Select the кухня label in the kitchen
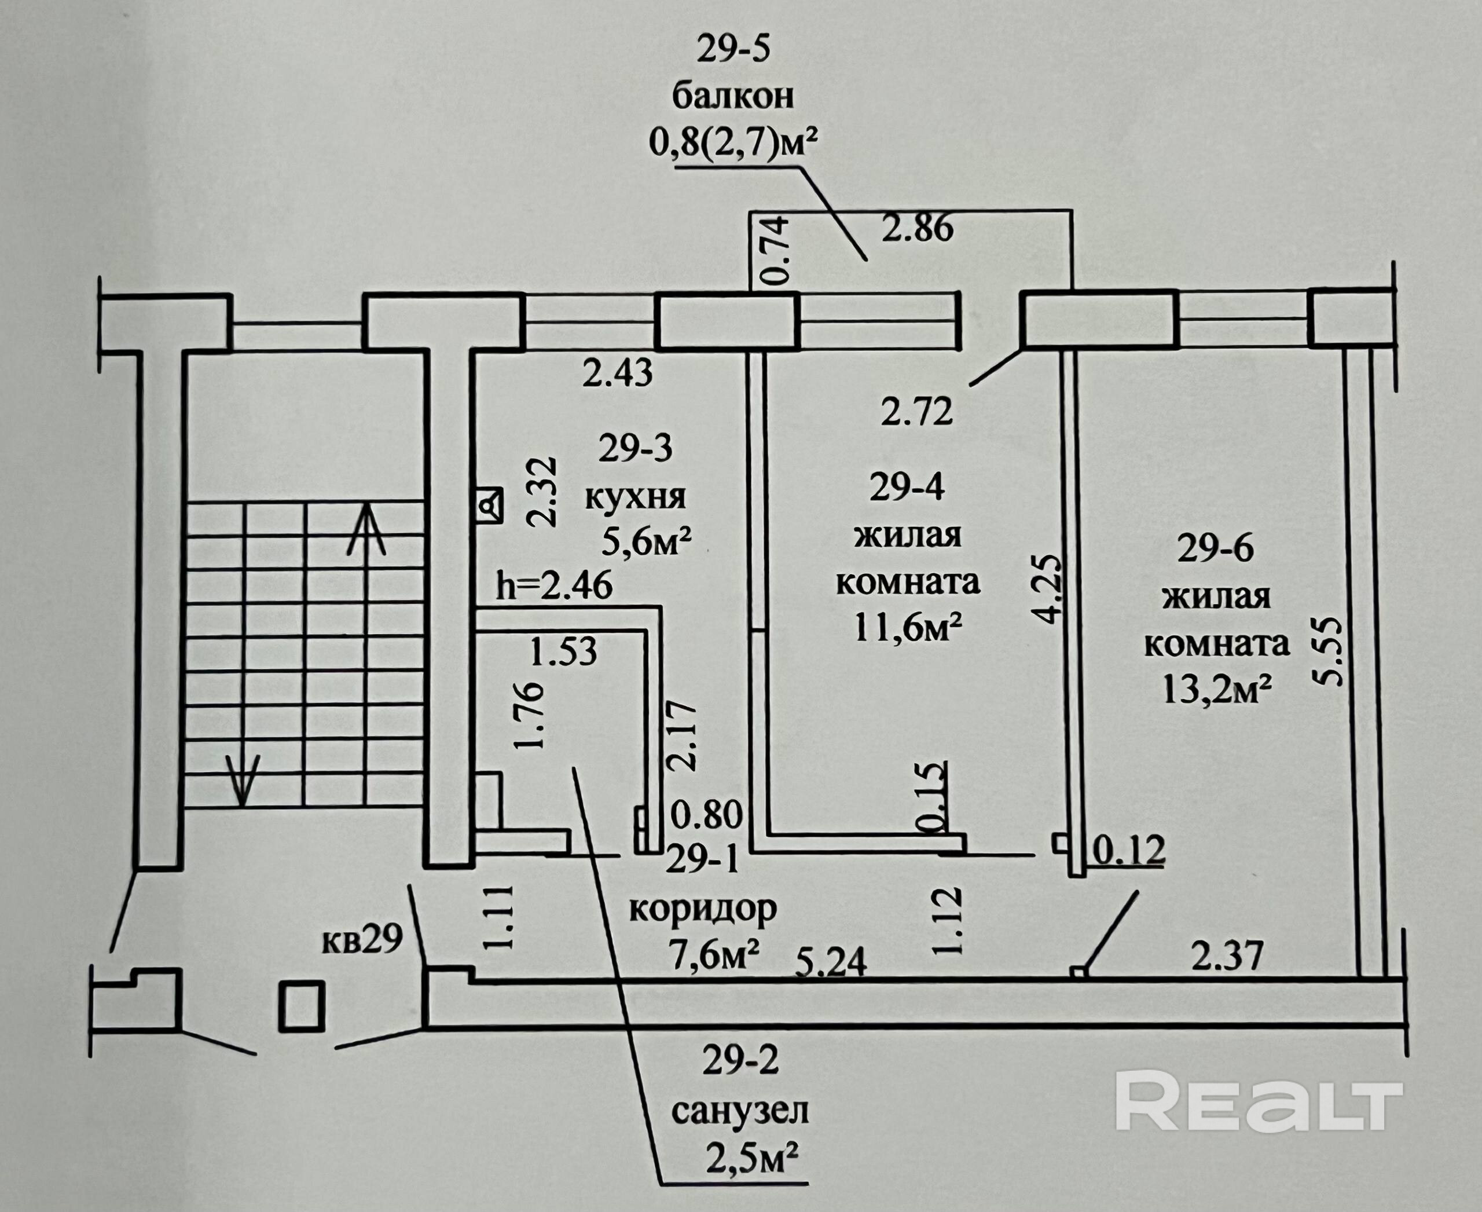tap(634, 498)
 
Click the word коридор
tap(703, 909)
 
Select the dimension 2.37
tap(1227, 956)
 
